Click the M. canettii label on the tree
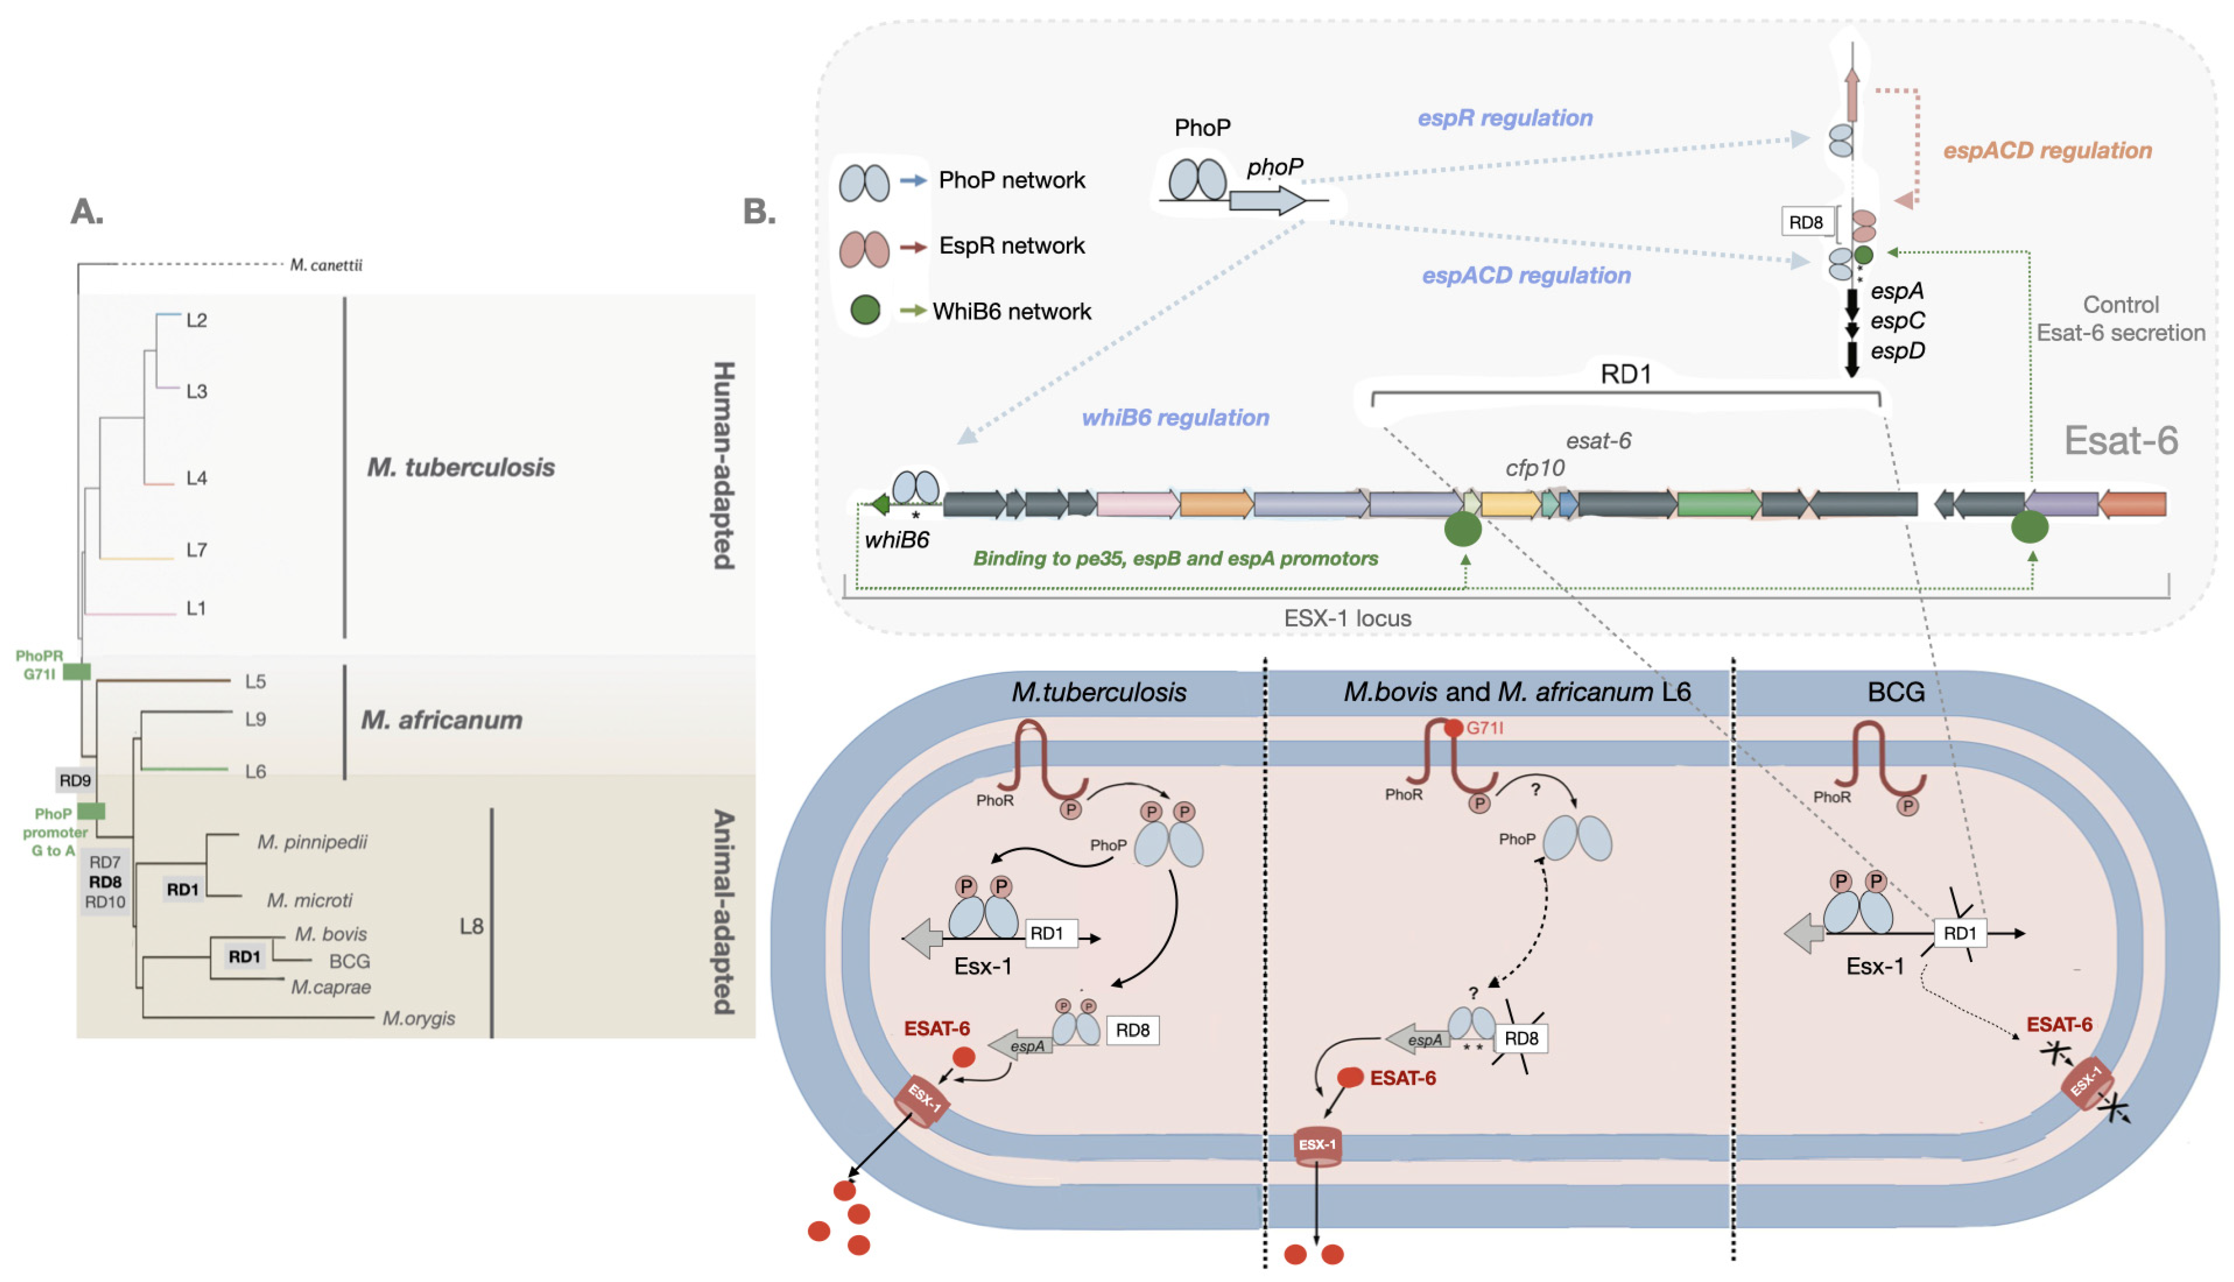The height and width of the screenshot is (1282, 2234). tap(326, 265)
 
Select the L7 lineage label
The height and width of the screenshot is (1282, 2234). tap(197, 550)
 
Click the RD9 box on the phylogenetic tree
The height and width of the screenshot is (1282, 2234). tap(75, 780)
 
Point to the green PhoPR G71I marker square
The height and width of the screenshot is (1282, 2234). tap(77, 672)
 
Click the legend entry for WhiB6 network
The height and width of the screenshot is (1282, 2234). tap(1011, 312)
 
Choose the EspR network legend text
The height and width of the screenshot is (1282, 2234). tap(1011, 246)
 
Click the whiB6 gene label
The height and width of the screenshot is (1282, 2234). tap(897, 540)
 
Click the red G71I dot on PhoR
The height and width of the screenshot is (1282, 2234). tap(1453, 728)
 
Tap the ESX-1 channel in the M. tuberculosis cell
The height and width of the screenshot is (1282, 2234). tap(922, 1101)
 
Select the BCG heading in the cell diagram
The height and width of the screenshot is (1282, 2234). tap(1896, 692)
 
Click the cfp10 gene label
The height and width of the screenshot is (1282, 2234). tap(1535, 469)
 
